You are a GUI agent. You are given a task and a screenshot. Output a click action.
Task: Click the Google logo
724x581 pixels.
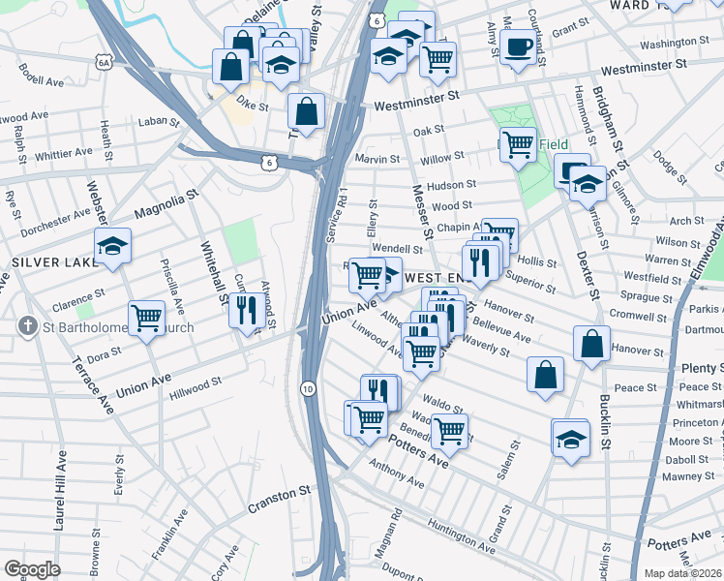tap(32, 569)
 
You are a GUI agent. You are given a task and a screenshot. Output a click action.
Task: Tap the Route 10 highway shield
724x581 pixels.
tap(307, 388)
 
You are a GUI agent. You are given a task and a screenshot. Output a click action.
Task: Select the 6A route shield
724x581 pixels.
tap(104, 63)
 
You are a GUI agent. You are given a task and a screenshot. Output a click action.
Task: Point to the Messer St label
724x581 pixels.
tap(423, 213)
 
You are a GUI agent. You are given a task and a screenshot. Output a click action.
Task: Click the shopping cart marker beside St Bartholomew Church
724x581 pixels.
tap(146, 316)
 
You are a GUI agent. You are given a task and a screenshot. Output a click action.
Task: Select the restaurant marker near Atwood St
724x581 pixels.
tap(245, 310)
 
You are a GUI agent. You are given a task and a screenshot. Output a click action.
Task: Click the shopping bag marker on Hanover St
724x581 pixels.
tap(591, 343)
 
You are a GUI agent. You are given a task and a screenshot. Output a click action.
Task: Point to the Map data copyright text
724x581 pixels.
tap(682, 573)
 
